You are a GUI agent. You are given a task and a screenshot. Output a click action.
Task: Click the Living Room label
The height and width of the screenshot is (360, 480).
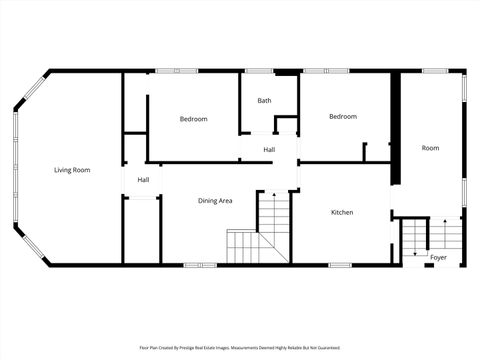(72, 170)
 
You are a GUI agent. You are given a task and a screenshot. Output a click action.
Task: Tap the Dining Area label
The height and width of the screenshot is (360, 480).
(215, 201)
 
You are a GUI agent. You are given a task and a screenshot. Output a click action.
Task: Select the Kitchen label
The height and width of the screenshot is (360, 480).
(342, 212)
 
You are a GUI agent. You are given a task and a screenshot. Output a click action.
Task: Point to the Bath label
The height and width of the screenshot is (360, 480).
(264, 101)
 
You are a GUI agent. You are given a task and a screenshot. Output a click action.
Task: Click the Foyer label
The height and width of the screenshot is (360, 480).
(438, 257)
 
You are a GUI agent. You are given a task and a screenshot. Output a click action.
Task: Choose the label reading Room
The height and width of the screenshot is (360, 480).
(430, 148)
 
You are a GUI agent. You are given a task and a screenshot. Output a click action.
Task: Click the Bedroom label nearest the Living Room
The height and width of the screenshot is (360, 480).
(193, 119)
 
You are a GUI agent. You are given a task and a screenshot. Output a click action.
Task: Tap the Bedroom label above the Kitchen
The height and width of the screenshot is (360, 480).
(343, 117)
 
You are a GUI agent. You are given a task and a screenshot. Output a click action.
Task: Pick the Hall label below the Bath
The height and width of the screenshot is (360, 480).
(269, 150)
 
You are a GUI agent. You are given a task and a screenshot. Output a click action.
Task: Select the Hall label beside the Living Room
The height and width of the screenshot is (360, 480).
(143, 180)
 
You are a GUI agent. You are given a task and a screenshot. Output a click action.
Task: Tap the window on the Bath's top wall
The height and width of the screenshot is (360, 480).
(259, 70)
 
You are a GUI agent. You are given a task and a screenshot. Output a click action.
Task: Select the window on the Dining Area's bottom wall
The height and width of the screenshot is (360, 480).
(200, 265)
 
